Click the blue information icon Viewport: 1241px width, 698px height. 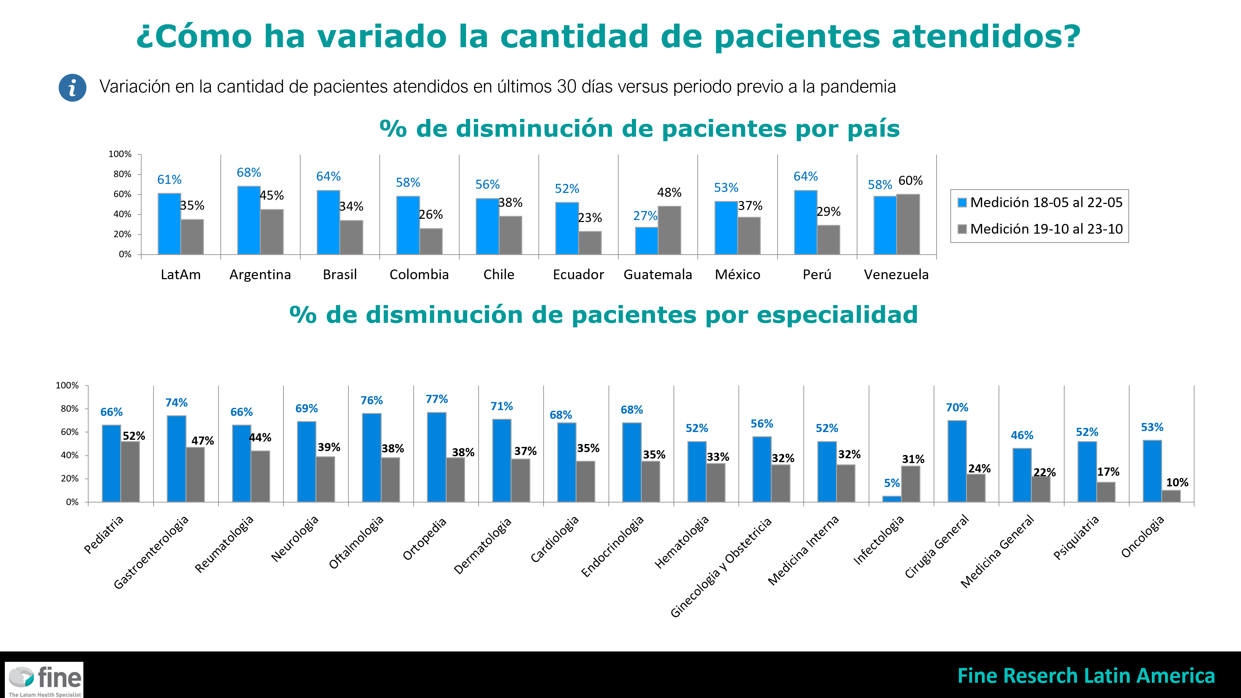tap(72, 88)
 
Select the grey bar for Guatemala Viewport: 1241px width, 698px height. tap(669, 230)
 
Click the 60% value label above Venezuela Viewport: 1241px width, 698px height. tap(910, 181)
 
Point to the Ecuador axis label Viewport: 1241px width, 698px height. tap(578, 275)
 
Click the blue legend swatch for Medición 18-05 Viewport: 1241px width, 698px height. tap(962, 202)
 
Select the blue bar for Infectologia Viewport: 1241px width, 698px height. tap(891, 499)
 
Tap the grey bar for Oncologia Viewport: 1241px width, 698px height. tap(1171, 496)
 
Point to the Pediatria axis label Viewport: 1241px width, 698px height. tap(103, 534)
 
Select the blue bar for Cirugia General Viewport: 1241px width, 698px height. tap(956, 461)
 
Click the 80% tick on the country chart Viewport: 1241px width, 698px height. tap(122, 174)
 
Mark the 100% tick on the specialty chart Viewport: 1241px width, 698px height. tap(67, 386)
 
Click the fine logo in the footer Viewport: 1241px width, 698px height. tap(44, 680)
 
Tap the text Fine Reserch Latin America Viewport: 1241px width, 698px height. tap(1086, 676)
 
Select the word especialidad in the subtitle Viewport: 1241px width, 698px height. tap(837, 315)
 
